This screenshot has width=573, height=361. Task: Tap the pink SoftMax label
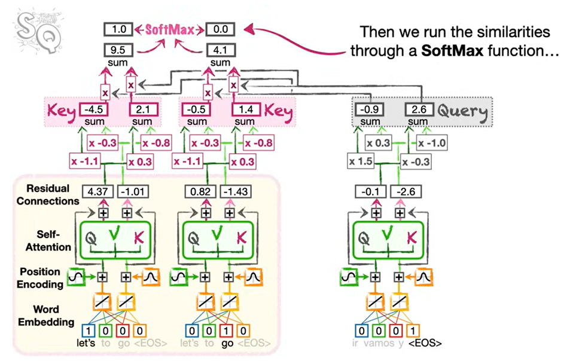tap(169, 29)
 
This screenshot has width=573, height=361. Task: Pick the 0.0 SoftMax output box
tap(220, 29)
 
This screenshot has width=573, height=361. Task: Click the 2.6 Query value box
tap(417, 110)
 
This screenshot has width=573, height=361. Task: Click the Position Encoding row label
tap(48, 277)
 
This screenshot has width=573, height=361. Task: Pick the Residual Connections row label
tap(47, 195)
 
